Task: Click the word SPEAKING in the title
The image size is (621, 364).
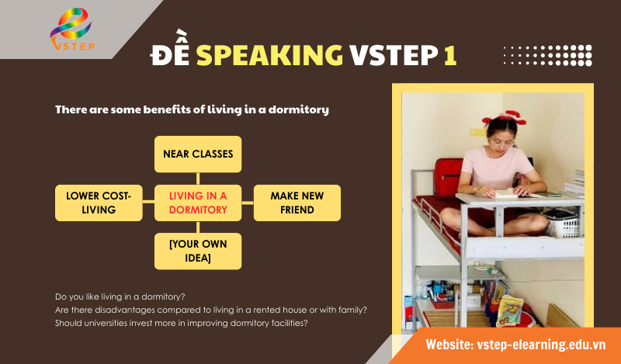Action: tap(269, 54)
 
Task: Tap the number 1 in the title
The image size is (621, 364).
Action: tap(449, 54)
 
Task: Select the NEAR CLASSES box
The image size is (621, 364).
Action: tap(198, 154)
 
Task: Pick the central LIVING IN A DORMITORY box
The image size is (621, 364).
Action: tap(198, 203)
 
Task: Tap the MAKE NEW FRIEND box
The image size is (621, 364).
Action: tap(297, 203)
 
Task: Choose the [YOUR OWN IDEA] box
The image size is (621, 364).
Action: tap(198, 251)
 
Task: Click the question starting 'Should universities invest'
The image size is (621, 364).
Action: tap(182, 323)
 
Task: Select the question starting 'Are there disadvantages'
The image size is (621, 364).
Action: tap(211, 310)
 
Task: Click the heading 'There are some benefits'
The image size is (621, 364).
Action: tap(192, 109)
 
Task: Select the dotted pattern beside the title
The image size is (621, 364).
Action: tap(547, 54)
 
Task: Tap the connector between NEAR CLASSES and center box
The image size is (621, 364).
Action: tap(198, 179)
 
